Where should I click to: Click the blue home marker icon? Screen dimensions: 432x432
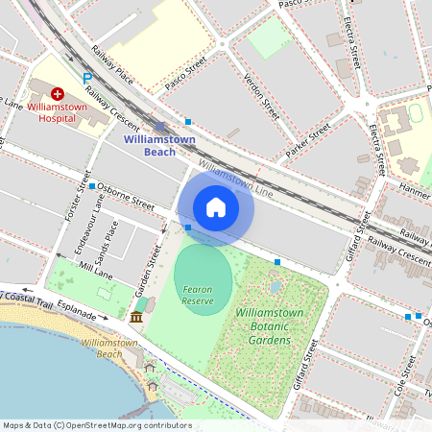point(216,206)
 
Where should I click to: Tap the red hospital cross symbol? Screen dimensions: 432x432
point(58,94)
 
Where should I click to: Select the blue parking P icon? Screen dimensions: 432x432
point(87,78)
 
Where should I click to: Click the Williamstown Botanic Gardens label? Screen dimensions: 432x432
point(270,326)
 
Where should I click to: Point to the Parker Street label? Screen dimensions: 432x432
point(308,140)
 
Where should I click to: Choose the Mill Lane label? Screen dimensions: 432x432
point(97,270)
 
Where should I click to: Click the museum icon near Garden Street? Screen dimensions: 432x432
point(136,317)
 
